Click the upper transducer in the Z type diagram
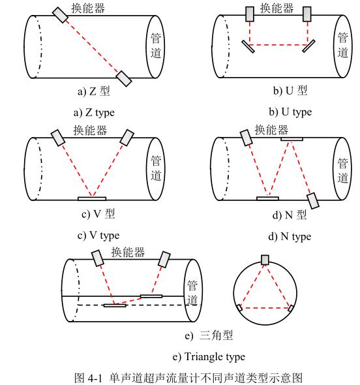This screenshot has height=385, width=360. coord(60,15)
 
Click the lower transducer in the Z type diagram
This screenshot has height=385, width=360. coord(124,78)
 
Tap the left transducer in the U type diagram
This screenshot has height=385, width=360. coord(250,14)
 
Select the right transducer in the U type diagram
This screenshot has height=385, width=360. coord(307,14)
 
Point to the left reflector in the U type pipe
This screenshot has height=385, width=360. coord(248,46)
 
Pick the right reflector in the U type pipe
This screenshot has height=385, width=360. coord(308,46)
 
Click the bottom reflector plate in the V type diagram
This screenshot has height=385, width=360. coord(92,198)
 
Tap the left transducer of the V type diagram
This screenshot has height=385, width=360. coord(58,138)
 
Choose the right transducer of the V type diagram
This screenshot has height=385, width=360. coord(127,138)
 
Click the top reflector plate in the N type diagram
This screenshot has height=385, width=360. coord(292,139)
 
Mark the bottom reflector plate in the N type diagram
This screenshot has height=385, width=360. coord(268,198)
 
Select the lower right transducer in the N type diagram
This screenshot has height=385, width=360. coord(313,201)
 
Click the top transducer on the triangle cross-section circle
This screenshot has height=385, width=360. coord(265,260)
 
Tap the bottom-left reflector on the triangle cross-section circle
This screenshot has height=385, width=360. coord(239,307)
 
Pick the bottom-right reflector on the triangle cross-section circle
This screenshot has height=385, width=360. coord(291,308)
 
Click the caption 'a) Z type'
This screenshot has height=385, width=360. coord(94,113)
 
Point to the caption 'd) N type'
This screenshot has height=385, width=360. coord(290,236)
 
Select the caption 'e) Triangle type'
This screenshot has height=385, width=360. coord(209,356)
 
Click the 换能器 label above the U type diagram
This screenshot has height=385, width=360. coord(277,8)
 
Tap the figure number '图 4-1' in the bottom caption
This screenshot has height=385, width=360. coord(88,378)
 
